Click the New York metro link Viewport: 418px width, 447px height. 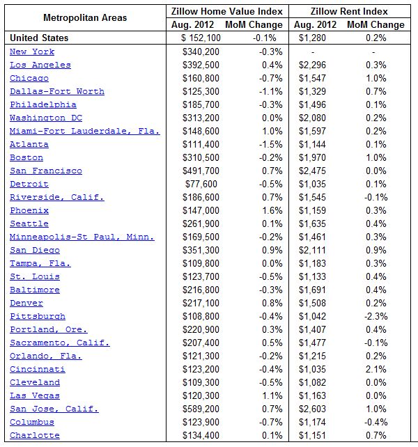[x=32, y=52]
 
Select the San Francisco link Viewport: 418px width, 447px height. [x=46, y=171]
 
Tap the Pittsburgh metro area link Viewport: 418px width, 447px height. [x=38, y=316]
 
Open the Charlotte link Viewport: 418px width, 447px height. [x=35, y=435]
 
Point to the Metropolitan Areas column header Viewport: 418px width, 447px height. [x=85, y=17]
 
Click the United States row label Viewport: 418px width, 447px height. [x=40, y=38]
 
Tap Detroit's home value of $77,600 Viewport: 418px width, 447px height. [x=203, y=184]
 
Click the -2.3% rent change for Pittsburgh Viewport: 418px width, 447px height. [x=375, y=316]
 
